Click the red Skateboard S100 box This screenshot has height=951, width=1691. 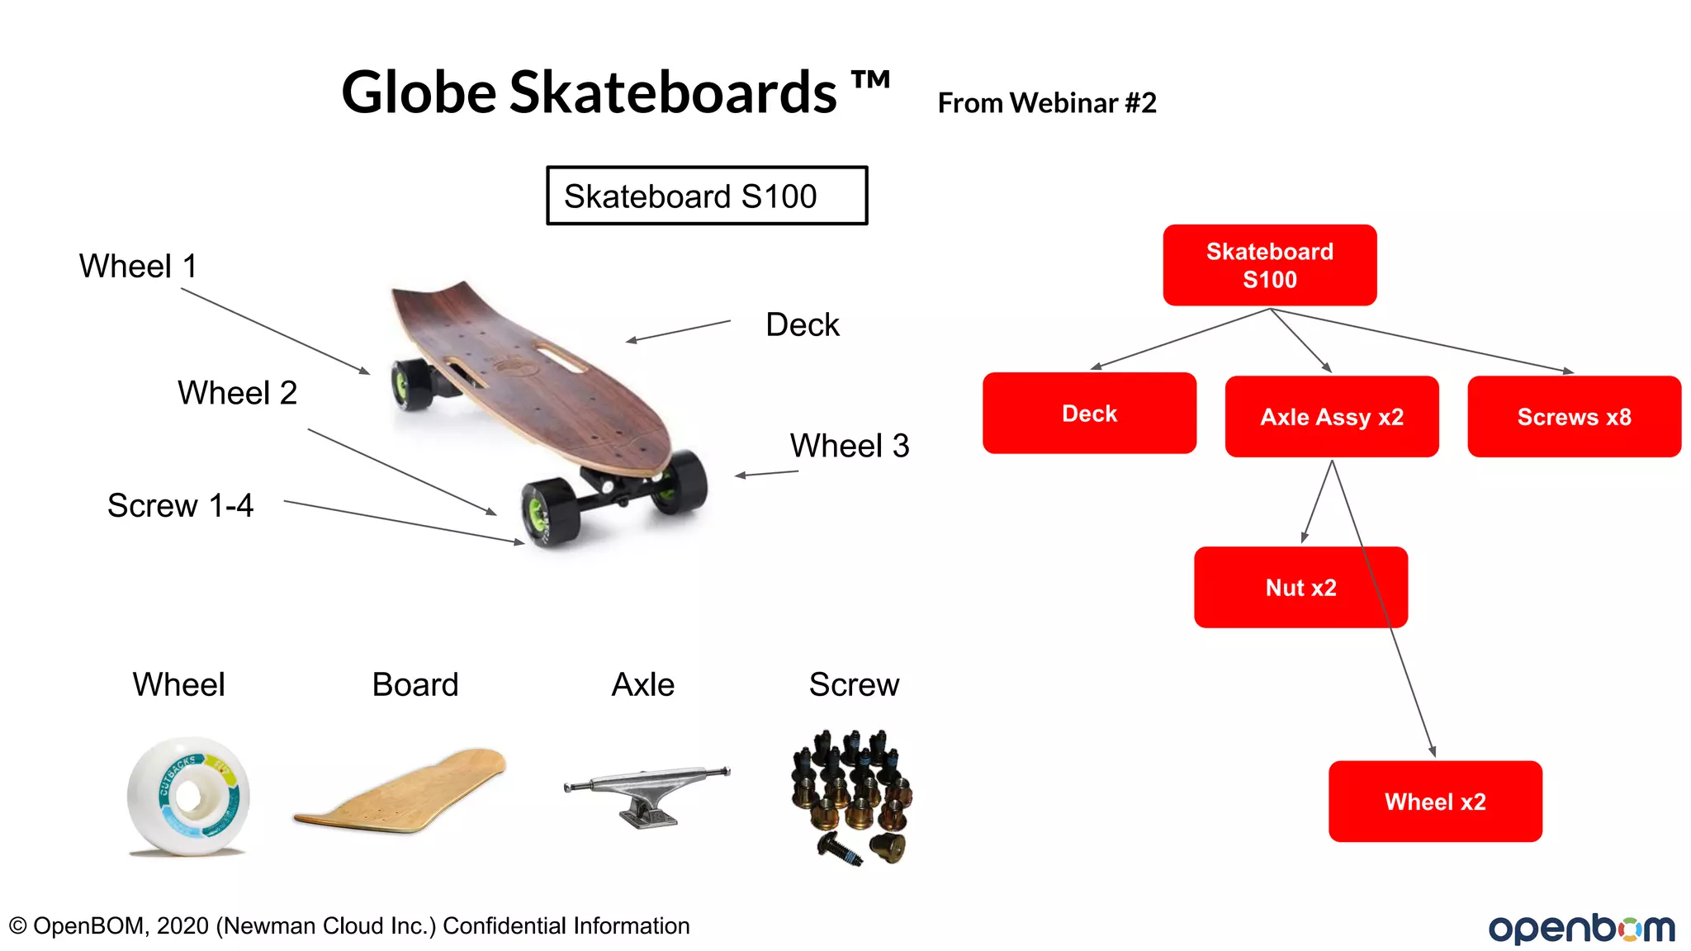(x=1269, y=265)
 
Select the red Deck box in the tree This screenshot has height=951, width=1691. (x=1089, y=413)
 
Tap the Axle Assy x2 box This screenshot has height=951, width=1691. (x=1331, y=417)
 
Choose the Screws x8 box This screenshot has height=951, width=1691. (x=1574, y=417)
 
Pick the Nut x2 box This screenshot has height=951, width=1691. (x=1300, y=587)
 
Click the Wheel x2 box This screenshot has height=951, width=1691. (x=1434, y=801)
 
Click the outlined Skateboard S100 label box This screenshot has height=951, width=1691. (x=706, y=196)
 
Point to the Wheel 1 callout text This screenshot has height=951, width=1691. (x=138, y=266)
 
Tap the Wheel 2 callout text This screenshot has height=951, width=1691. (x=237, y=392)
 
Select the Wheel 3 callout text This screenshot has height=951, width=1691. (x=849, y=446)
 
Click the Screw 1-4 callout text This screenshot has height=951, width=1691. (x=180, y=505)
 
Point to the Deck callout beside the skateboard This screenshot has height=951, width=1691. (x=802, y=324)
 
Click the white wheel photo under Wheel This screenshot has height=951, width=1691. (x=187, y=795)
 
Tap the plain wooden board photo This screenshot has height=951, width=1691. (x=400, y=791)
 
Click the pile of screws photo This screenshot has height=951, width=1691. (x=852, y=795)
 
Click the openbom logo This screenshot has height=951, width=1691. (x=1580, y=928)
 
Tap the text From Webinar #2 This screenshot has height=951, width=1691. (x=1046, y=103)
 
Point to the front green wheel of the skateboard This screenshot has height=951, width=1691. (x=547, y=513)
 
